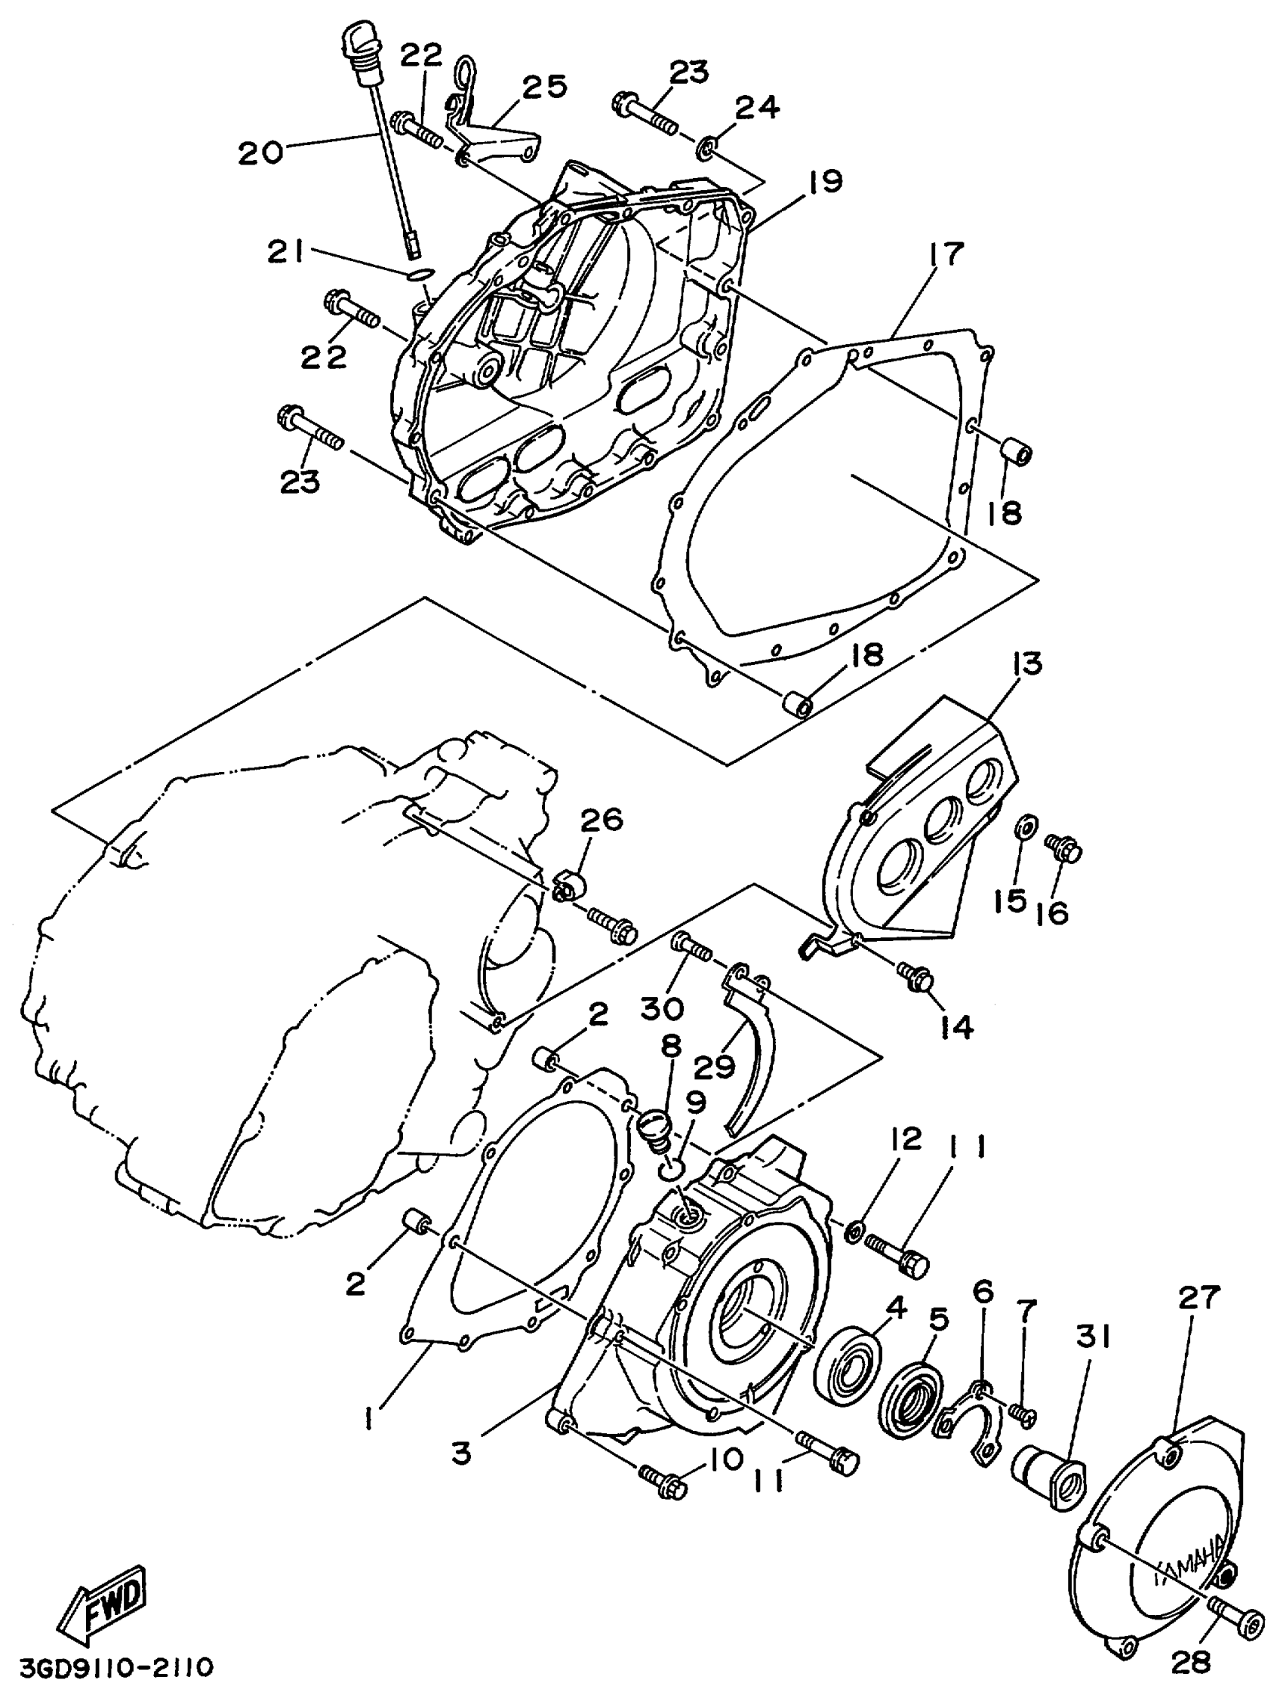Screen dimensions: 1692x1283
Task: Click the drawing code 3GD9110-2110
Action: coord(108,1666)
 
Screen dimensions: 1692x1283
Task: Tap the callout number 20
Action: coord(260,152)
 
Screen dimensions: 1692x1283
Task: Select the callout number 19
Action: coord(823,182)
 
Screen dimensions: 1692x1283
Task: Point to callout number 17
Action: coord(946,254)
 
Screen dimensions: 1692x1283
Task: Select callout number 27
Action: coord(1197,1297)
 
